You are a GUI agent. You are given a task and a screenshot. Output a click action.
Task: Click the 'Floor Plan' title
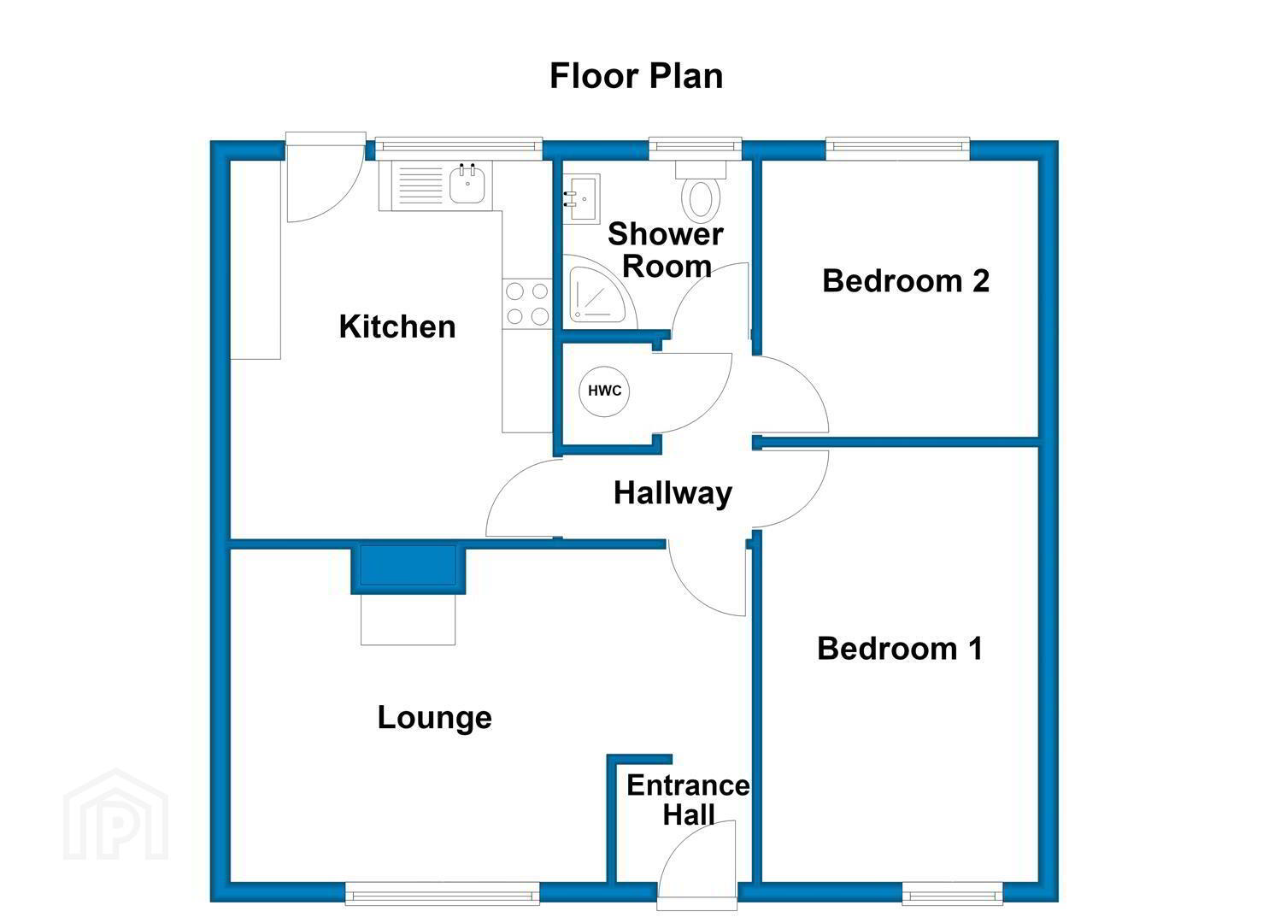pos(636,76)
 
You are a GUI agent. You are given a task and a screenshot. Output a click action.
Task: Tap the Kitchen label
pos(397,327)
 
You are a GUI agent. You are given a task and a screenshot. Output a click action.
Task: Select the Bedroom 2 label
pos(906,281)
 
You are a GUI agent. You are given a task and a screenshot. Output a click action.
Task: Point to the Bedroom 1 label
pos(900,648)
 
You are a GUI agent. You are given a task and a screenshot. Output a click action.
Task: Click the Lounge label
pos(434,719)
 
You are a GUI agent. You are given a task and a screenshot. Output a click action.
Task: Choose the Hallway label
pos(673,493)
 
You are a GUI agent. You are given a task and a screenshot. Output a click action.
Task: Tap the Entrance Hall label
pos(688,800)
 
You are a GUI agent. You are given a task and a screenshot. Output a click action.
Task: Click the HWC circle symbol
pos(604,391)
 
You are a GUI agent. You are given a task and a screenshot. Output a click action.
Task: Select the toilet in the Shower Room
pos(701,191)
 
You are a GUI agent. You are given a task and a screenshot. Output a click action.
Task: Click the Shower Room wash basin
pos(582,199)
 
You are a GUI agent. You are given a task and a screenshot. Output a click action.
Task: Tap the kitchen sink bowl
pos(467,184)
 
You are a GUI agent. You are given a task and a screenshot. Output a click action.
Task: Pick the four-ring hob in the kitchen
pos(527,303)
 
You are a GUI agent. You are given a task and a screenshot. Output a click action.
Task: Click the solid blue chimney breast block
pos(408,569)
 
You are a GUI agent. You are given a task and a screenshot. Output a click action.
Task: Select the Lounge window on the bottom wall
pos(443,896)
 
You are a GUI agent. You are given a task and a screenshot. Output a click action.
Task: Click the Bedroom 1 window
pos(952,896)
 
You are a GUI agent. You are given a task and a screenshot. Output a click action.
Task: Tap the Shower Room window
pos(695,148)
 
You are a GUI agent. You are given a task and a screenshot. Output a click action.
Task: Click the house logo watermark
pos(116,814)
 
